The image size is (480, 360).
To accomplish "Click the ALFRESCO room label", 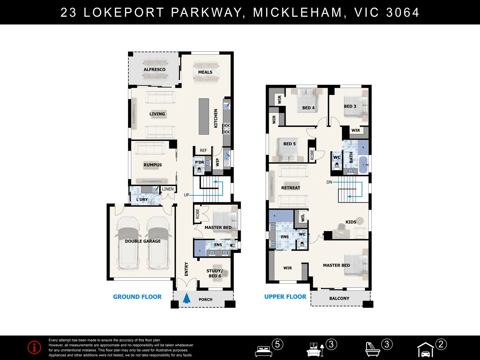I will pos(154,70).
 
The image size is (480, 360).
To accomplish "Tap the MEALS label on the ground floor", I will pos(205,72).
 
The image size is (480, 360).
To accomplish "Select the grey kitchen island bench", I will pos(204,116).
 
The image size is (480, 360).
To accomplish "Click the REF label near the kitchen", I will pos(203,151).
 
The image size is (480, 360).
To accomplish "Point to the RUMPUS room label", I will pos(153,165).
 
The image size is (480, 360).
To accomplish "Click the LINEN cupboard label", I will pos(168,189).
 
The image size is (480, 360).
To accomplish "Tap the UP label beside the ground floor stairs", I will pos(186,195).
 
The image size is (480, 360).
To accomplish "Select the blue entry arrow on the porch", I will pos(187,298).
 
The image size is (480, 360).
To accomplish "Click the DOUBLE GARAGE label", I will pos(143,241).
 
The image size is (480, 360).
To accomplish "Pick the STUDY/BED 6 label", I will pos(214,273).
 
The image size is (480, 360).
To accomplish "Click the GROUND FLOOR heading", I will pos(137,297).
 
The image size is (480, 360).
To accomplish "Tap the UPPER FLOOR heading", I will pos(285,297).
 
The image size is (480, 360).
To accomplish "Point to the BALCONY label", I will pos(339,299).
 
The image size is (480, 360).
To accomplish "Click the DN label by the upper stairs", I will pos(329,182).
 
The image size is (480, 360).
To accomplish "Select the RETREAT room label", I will pos(291,188).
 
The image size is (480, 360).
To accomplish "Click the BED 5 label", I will pos(289,144).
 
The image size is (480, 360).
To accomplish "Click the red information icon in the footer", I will pos(34,347).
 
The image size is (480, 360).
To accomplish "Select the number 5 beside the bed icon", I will pos(277,344).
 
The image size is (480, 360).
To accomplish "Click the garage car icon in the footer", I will pos(425,350).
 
